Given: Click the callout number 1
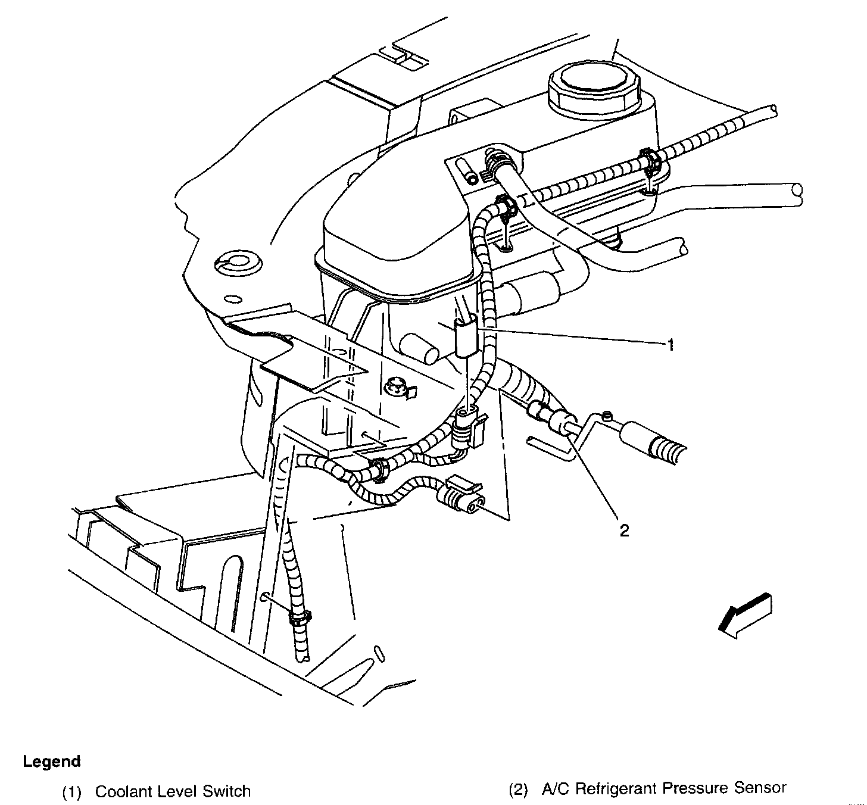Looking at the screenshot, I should pos(671,345).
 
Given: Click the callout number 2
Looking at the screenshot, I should pos(624,530).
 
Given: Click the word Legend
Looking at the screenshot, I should pos(52,761).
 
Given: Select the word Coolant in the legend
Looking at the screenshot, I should pos(121,791).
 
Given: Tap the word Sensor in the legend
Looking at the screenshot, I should pos(760,788).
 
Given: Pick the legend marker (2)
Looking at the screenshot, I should pos(517,790).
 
